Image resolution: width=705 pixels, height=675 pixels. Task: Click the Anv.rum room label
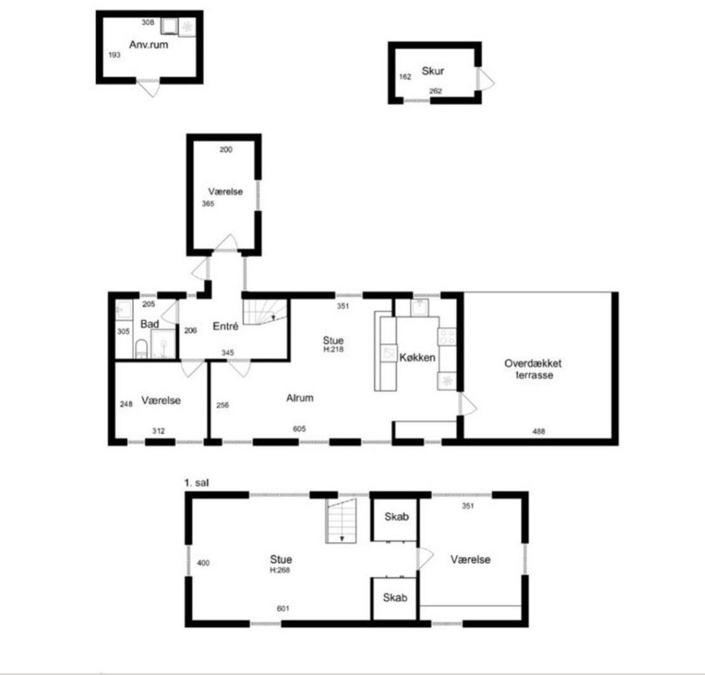(149, 44)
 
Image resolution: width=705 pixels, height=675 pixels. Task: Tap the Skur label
(433, 71)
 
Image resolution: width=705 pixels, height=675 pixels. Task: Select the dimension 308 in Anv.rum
(148, 22)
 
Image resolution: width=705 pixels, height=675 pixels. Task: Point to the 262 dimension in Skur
(435, 91)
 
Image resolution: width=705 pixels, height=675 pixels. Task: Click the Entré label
(225, 326)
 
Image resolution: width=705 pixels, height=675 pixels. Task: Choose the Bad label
(149, 324)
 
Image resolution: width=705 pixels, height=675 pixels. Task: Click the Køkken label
(417, 357)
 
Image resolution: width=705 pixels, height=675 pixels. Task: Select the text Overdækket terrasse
(534, 369)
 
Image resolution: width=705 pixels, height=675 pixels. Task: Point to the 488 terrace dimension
(539, 431)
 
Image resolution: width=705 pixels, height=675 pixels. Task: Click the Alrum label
(300, 398)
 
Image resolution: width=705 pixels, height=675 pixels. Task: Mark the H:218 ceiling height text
(333, 349)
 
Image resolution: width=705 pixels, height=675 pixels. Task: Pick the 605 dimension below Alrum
(299, 429)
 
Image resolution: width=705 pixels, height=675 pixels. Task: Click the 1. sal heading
(196, 483)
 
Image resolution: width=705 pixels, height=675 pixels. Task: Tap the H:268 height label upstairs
(279, 570)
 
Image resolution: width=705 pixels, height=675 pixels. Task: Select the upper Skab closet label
(396, 517)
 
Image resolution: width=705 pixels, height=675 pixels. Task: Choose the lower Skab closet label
(395, 597)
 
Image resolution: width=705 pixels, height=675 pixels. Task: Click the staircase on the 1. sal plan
(341, 520)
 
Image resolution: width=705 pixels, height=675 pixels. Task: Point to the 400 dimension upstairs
(203, 563)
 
